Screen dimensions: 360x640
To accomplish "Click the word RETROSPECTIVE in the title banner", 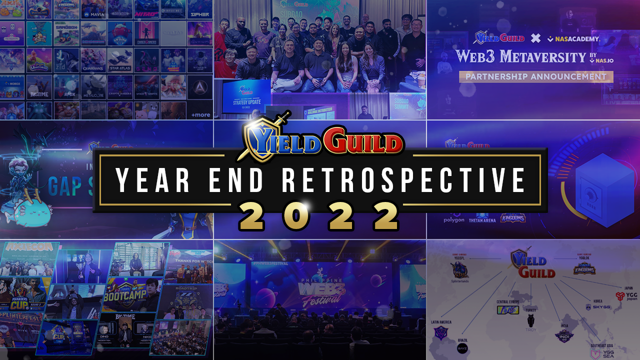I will pos(404,180).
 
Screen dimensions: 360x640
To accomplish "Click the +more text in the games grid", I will pos(200,114).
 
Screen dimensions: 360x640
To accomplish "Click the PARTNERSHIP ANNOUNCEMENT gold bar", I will pos(536,76).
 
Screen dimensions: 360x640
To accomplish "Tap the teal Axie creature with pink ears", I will pos(30,212).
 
